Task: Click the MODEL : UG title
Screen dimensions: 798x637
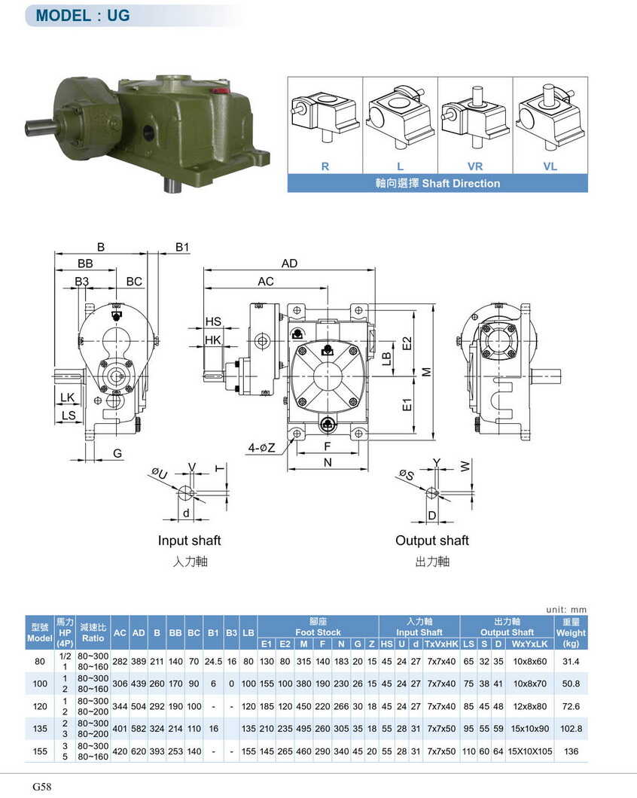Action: [82, 15]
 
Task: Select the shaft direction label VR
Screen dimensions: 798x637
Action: [474, 166]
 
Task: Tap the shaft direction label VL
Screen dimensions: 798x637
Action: [550, 166]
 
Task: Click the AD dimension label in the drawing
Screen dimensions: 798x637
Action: [290, 263]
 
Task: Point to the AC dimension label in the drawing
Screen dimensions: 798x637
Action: [266, 282]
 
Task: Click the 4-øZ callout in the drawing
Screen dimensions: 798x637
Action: [262, 449]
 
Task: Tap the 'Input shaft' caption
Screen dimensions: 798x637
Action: [189, 541]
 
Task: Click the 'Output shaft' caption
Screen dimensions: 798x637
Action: [432, 541]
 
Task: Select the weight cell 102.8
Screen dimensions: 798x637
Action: [571, 729]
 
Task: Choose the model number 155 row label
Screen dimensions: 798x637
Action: [40, 751]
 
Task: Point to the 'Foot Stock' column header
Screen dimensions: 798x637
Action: [318, 632]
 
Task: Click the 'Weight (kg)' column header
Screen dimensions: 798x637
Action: [571, 633]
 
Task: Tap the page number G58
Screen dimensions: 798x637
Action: [41, 787]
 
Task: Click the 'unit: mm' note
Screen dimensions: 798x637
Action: [566, 609]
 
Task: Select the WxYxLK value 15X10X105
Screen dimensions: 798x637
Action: [530, 751]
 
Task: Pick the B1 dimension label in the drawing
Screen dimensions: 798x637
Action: [183, 247]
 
